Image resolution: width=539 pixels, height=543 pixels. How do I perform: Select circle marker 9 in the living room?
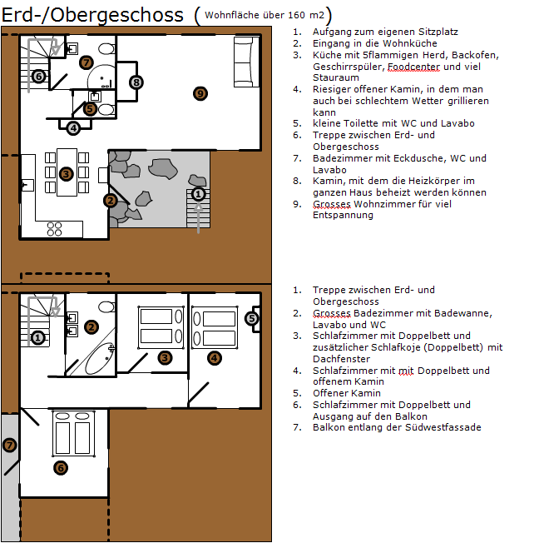pos(199,93)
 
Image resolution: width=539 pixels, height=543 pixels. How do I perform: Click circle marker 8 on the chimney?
pos(136,81)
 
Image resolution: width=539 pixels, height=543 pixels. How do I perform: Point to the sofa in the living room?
pos(244,63)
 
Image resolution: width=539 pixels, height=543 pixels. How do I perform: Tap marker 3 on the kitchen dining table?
pos(67,173)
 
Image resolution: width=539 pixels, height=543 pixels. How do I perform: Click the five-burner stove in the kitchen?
pos(54,227)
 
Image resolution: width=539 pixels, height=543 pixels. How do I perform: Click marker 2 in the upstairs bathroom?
pos(91,327)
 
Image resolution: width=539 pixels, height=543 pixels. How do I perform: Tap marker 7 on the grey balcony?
pos(9,445)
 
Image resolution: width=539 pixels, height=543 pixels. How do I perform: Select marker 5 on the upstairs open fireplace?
pos(253,317)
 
